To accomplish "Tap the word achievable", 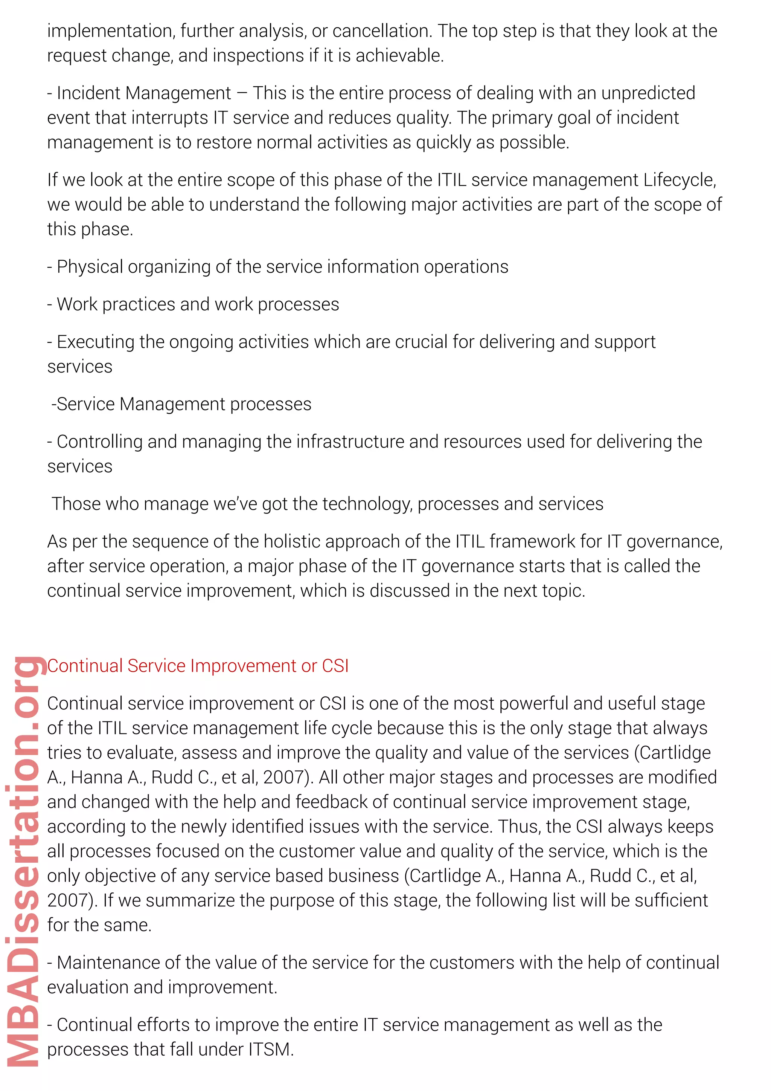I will (x=399, y=56).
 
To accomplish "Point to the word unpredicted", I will (x=648, y=93).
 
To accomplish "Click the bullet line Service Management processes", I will (x=181, y=404).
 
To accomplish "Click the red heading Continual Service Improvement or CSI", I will (x=198, y=666).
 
